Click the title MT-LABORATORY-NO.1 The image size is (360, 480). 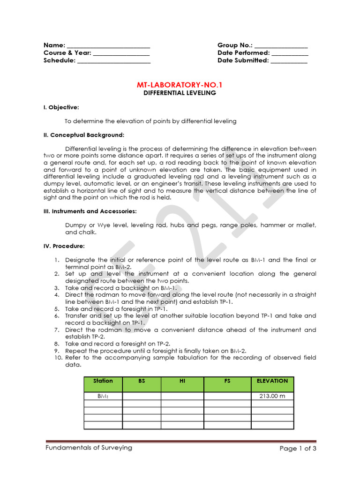(x=180, y=85)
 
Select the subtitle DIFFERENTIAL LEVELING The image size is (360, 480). (x=180, y=93)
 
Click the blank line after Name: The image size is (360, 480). (x=108, y=46)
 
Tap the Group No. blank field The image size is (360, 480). (x=281, y=46)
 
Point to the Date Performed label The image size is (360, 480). (x=243, y=53)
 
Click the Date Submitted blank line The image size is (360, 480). (x=289, y=61)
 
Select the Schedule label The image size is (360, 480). (x=59, y=60)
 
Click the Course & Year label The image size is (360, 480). (x=67, y=53)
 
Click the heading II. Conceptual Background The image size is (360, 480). (x=84, y=135)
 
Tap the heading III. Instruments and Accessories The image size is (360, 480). (x=90, y=211)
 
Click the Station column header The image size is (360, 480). (x=103, y=381)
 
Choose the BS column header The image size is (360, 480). (x=142, y=381)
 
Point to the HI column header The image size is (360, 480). (x=182, y=381)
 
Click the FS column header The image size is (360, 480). (x=227, y=381)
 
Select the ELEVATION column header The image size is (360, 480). (x=272, y=381)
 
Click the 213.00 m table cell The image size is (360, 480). (x=272, y=396)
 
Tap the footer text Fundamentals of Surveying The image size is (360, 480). (x=89, y=448)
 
